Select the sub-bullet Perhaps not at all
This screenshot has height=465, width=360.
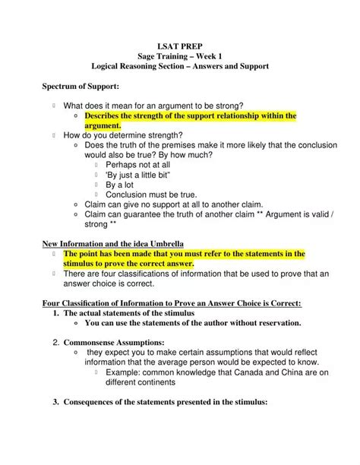[x=138, y=163]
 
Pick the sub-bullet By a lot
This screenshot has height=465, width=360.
[x=120, y=184]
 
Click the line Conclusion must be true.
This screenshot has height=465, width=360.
[x=151, y=195]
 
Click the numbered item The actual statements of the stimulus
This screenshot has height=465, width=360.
[x=129, y=312]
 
